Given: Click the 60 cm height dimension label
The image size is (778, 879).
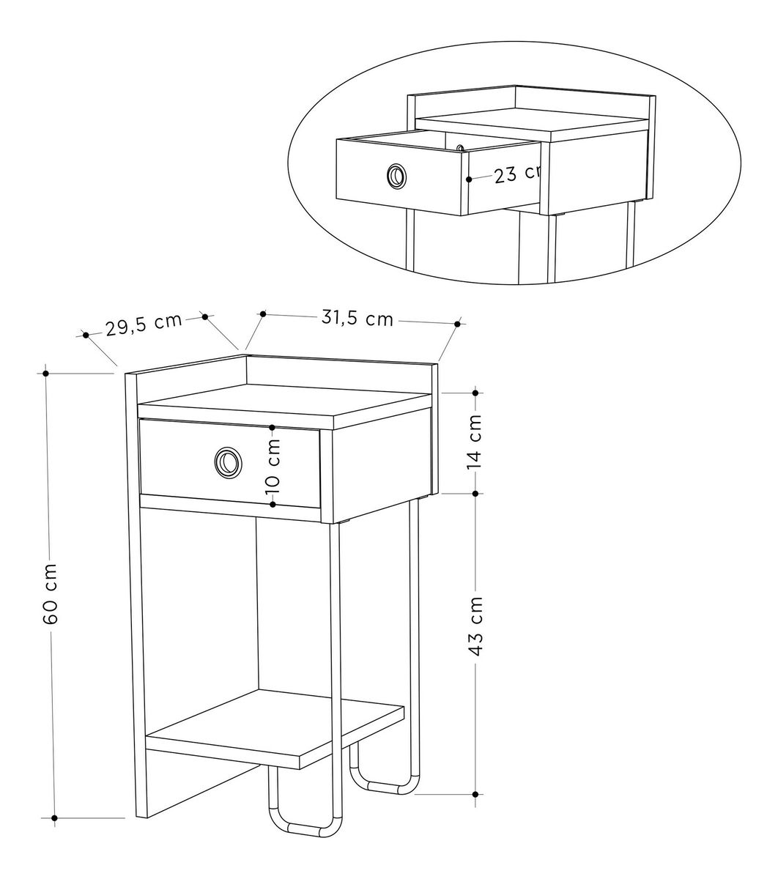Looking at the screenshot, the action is (x=51, y=593).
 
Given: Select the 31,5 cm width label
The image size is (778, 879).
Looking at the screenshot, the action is (x=357, y=318).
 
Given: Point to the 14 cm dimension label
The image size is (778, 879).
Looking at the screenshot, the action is (x=474, y=442).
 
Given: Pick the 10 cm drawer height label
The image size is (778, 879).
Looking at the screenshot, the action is (x=273, y=467).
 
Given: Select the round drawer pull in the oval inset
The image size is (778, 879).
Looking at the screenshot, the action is (x=396, y=176).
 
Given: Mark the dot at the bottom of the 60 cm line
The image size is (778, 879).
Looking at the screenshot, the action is (x=54, y=817).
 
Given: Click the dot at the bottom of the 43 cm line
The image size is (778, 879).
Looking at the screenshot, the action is (x=475, y=795).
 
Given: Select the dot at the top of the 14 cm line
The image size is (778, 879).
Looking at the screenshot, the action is (x=475, y=393).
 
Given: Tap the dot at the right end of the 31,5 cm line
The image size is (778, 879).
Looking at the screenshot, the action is (x=457, y=324).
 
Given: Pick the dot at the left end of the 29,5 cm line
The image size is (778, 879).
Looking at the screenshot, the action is (x=86, y=335).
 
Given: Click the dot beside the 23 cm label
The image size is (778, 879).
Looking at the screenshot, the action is (x=469, y=179).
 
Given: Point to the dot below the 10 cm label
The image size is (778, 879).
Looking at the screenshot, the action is (x=273, y=504).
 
